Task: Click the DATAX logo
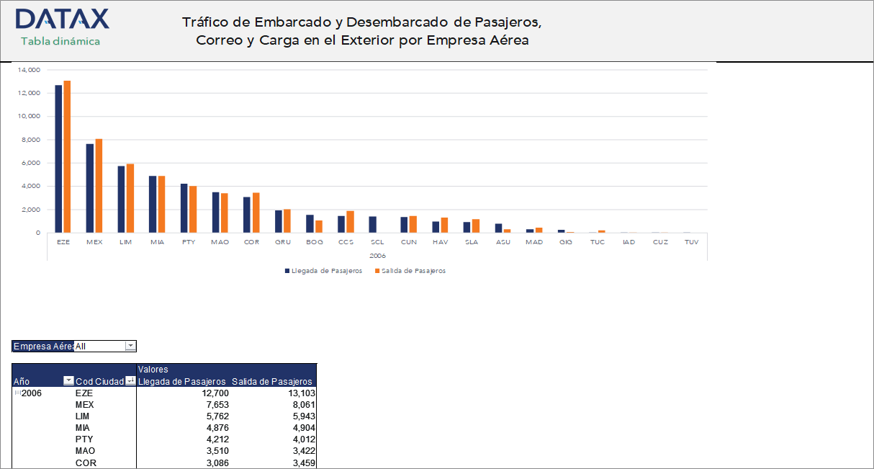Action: pyautogui.click(x=62, y=19)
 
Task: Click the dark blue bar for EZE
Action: pyautogui.click(x=58, y=158)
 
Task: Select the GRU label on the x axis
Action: pyautogui.click(x=283, y=242)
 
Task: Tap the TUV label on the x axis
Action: pyautogui.click(x=691, y=242)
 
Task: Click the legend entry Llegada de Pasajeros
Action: pyautogui.click(x=326, y=271)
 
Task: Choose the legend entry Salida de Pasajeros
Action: pyautogui.click(x=413, y=271)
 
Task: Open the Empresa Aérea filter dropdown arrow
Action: pyautogui.click(x=130, y=347)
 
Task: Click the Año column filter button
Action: pyautogui.click(x=68, y=381)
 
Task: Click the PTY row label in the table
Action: pyautogui.click(x=84, y=439)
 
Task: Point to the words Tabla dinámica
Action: pyautogui.click(x=60, y=41)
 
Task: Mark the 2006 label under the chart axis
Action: pyautogui.click(x=377, y=256)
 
